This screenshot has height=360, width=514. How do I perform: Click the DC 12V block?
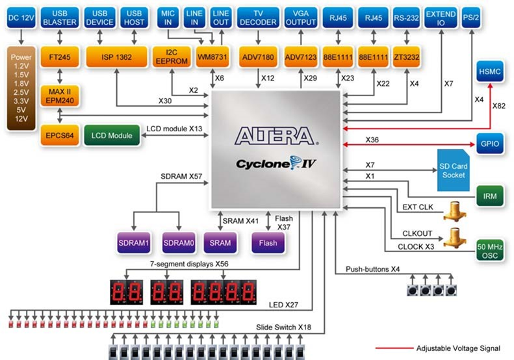click(21, 18)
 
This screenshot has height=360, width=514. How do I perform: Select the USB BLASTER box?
click(60, 18)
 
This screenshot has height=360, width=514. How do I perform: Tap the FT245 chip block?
click(60, 57)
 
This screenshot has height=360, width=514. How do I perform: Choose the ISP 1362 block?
click(117, 57)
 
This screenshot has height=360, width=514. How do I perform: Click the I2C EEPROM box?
click(172, 57)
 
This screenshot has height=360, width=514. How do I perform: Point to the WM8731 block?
click(212, 57)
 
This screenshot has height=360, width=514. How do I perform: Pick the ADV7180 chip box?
click(258, 57)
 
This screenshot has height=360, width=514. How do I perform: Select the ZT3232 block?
click(407, 57)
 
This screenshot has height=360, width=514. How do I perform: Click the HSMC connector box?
click(490, 71)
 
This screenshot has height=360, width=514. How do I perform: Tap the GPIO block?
click(490, 144)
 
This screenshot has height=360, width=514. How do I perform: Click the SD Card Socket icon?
click(454, 170)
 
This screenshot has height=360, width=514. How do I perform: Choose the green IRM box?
click(490, 196)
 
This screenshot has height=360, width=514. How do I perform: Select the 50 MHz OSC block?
click(490, 251)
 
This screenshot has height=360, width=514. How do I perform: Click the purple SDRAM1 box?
click(134, 243)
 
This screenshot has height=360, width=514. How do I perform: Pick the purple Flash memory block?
click(268, 243)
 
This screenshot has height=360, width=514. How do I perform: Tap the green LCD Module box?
click(112, 135)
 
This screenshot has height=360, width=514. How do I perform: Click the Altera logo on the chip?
click(276, 136)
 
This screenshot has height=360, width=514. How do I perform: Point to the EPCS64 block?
click(60, 135)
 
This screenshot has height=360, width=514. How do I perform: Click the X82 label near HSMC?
click(498, 106)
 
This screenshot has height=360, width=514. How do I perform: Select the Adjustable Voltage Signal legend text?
click(458, 348)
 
